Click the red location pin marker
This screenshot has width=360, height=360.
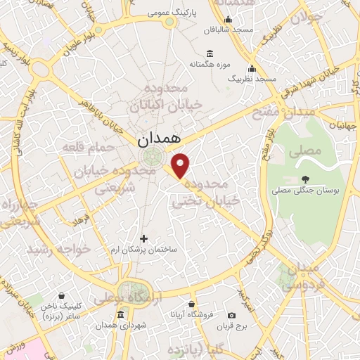pyautogui.click(x=181, y=166)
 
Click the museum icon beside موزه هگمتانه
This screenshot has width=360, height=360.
pyautogui.click(x=210, y=54)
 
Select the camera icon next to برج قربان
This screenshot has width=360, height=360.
pyautogui.click(x=232, y=314)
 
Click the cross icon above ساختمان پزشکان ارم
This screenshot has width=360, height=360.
pyautogui.click(x=144, y=239)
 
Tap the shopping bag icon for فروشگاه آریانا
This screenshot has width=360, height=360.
pyautogui.click(x=191, y=304)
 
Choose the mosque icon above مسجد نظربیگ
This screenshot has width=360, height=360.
pyautogui.click(x=252, y=69)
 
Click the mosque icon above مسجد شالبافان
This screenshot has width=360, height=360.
pyautogui.click(x=228, y=20)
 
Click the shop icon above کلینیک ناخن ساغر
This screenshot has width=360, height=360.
pyautogui.click(x=63, y=295)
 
